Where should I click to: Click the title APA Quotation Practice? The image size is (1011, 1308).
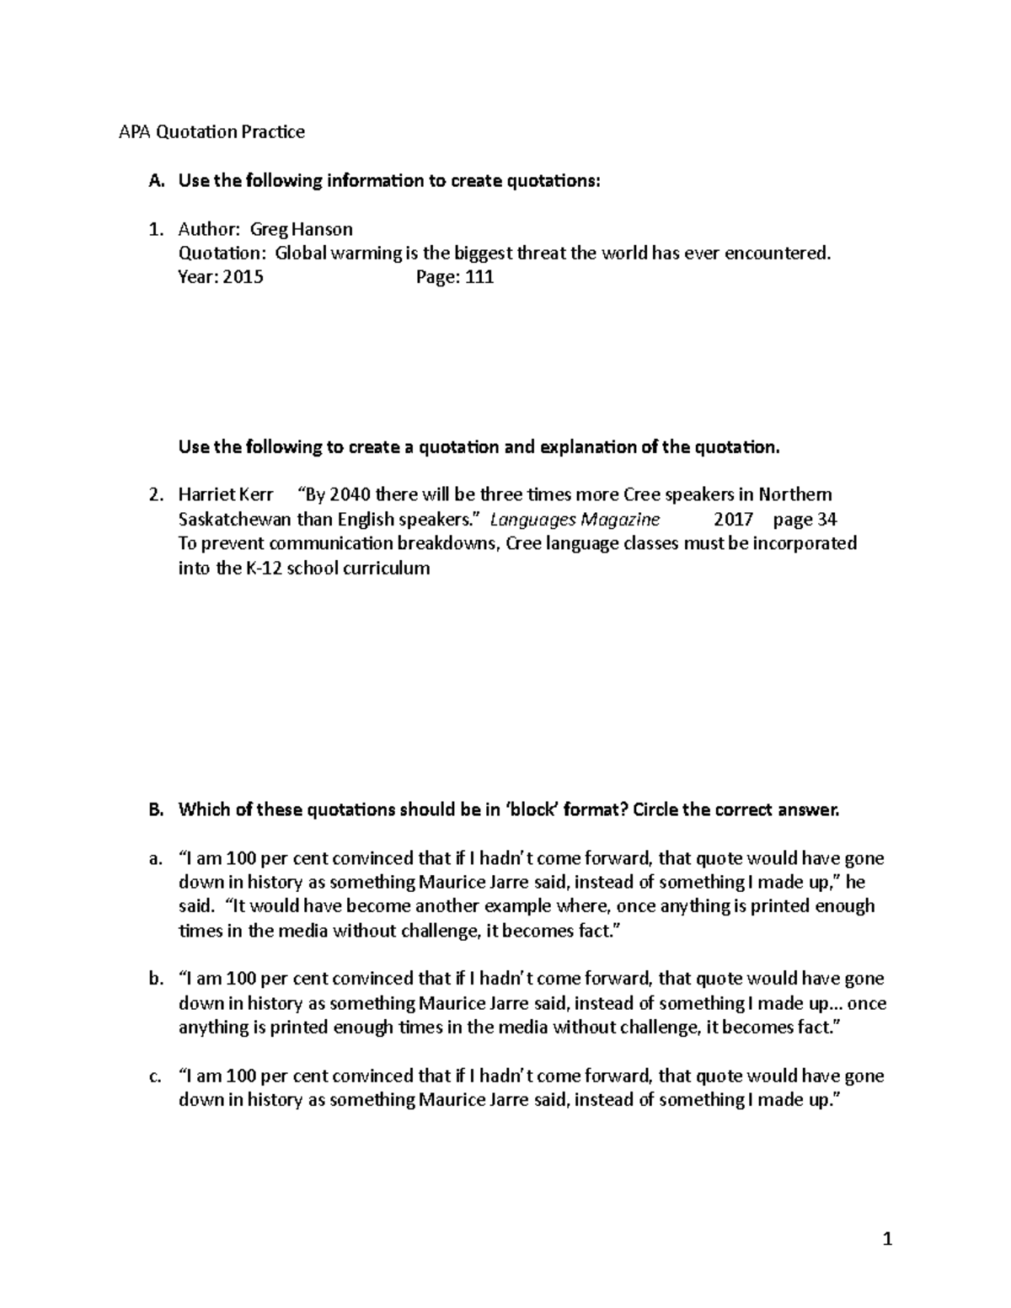tap(211, 132)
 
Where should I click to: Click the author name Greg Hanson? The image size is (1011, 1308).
tap(301, 229)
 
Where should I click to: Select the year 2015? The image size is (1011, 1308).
tap(243, 277)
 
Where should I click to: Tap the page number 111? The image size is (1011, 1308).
tap(479, 277)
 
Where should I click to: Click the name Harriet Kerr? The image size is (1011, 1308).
tap(226, 494)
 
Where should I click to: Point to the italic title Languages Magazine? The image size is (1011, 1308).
tap(575, 519)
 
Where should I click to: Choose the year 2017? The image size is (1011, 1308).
tap(733, 519)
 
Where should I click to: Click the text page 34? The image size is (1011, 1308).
tap(805, 519)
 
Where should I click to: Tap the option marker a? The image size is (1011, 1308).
tap(153, 859)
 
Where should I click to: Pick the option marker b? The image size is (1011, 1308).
tap(153, 980)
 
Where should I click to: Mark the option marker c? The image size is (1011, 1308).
tap(153, 1076)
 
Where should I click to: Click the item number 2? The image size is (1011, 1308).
tap(154, 494)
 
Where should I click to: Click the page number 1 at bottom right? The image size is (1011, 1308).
tap(886, 1240)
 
